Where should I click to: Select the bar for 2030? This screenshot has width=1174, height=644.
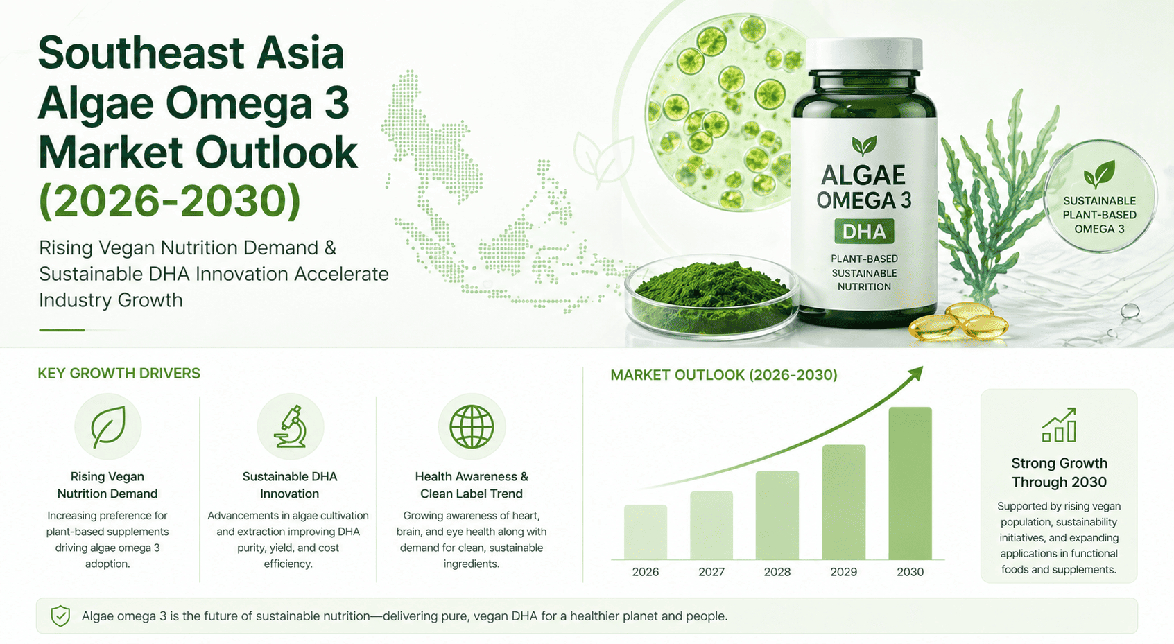pos(910,483)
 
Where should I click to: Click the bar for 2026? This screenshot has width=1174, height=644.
pos(645,532)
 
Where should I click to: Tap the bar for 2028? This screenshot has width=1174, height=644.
pos(777,515)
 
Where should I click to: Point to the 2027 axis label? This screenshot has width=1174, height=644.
pos(711,572)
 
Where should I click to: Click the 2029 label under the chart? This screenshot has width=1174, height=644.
pos(843,572)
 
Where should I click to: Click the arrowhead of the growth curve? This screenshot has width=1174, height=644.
pos(915,374)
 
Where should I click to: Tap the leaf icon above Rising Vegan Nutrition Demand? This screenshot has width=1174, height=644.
pos(108,426)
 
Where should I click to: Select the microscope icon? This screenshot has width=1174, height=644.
pos(291,426)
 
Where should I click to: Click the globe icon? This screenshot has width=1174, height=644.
pos(472,426)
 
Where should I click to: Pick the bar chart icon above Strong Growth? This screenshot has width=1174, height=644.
pos(1059,425)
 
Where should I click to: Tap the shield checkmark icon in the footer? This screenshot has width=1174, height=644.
pos(60,616)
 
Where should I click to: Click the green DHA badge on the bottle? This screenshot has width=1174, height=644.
pos(864,232)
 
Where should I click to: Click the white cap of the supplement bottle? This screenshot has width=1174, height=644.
pos(864,53)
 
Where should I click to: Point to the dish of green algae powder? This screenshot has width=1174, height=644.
pos(711,297)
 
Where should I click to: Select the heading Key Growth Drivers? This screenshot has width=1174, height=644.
pos(119,373)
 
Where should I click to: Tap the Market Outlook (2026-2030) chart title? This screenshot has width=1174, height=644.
pos(724,375)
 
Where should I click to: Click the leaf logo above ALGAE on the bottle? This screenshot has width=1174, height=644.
pos(864,146)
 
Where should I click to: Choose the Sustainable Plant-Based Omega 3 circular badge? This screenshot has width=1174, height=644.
pos(1099,196)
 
